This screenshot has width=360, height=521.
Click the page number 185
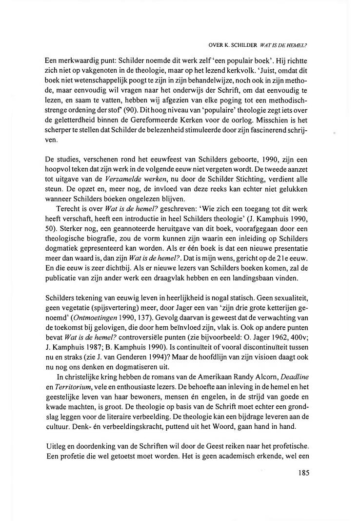pos(303,473)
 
